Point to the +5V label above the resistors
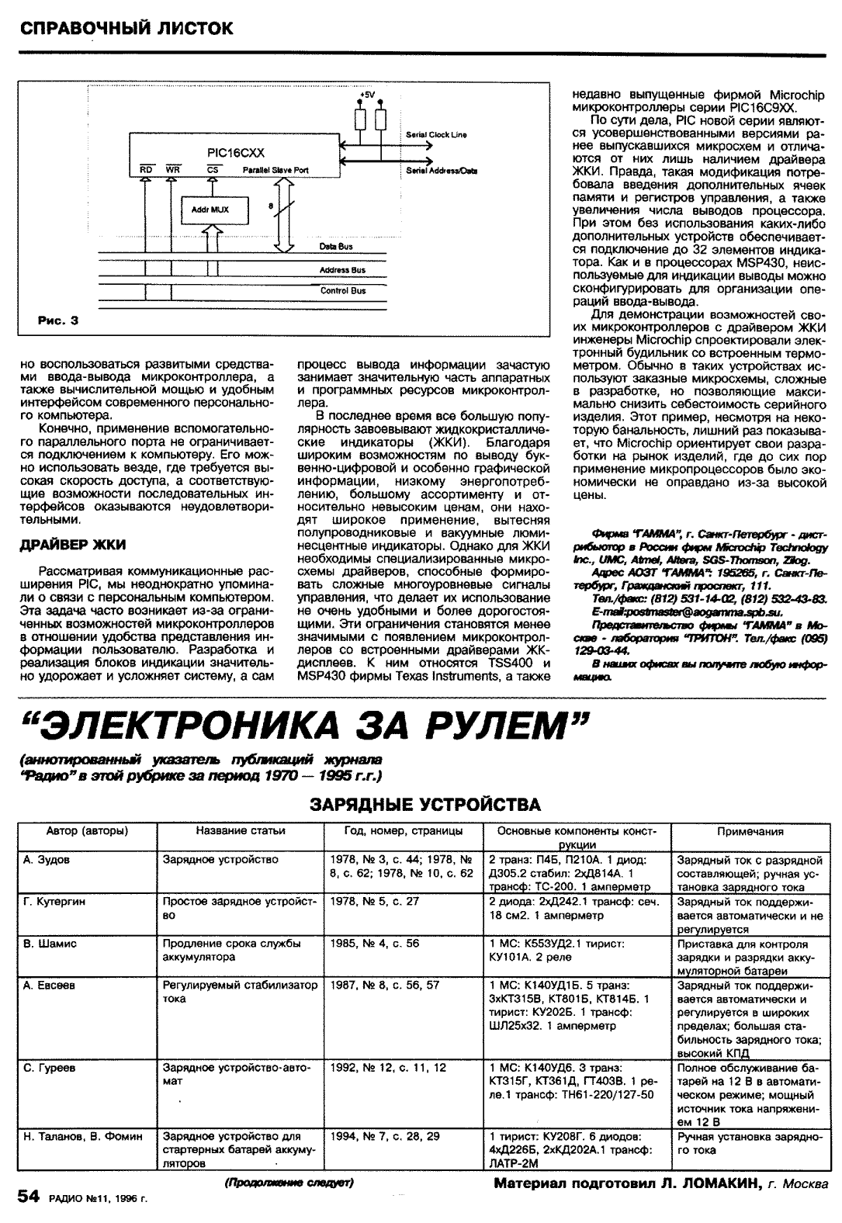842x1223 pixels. (367, 95)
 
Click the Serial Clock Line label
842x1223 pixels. (437, 135)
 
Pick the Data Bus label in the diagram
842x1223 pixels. (336, 247)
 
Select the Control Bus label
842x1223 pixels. (343, 291)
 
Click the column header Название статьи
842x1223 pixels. (241, 831)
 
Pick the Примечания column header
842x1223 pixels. (750, 831)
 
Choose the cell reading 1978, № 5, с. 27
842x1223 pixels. (375, 902)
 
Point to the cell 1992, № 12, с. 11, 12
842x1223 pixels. (388, 1068)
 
